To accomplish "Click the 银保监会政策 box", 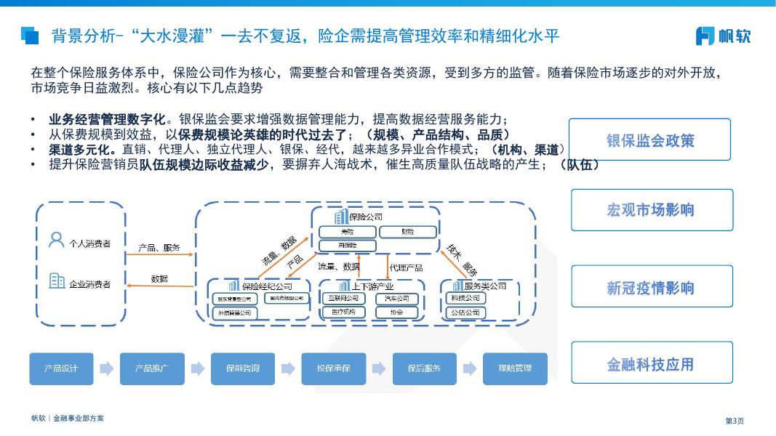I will point(649,140).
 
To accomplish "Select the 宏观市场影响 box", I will point(651,210).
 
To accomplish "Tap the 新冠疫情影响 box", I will point(651,287).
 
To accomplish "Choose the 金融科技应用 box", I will point(651,363).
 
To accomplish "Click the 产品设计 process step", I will point(61,368).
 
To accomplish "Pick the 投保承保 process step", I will point(333,368).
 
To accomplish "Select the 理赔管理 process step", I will point(514,368).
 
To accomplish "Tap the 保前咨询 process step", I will point(242,368).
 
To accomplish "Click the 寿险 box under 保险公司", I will point(348,232).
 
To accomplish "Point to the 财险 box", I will point(407,232).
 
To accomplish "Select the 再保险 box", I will point(348,246).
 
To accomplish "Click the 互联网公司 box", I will point(343,298).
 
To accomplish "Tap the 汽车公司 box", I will point(397,298).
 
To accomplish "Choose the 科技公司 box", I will point(465,298).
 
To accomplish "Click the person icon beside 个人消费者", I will point(56,239).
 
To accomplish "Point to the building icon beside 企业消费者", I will point(57,280).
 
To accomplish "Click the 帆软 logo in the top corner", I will point(723,36).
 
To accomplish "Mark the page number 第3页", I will point(735,420).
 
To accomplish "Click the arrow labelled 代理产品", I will point(388,267).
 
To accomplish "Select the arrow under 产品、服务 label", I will point(160,255).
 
